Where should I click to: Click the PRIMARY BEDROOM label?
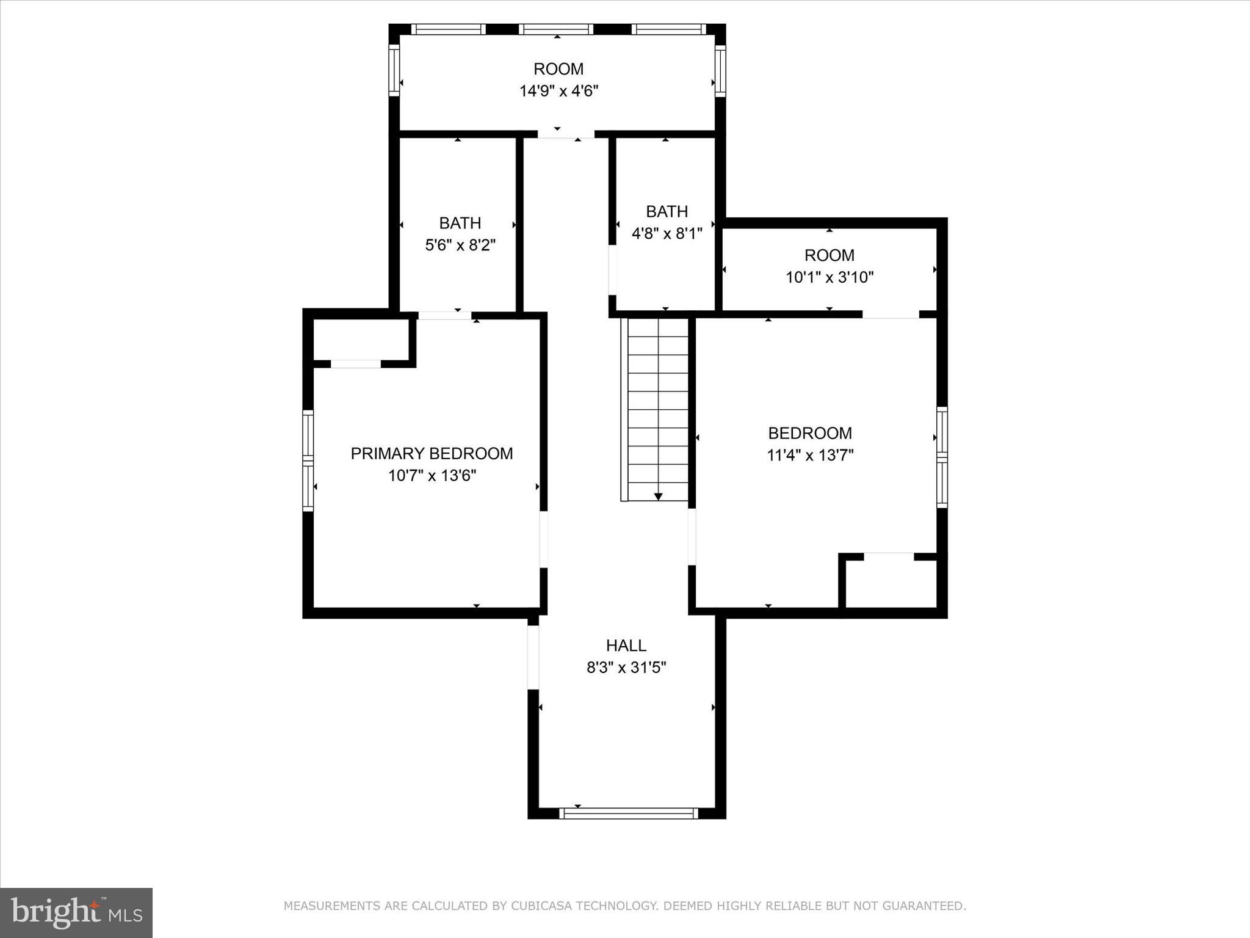click(432, 453)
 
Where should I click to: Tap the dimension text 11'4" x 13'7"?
click(810, 455)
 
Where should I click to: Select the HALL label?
click(626, 645)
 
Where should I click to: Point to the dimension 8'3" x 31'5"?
click(626, 667)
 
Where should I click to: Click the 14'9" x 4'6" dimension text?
click(558, 91)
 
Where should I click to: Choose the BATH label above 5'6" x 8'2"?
click(460, 223)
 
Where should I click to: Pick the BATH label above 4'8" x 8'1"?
click(667, 211)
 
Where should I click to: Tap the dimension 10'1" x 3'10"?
click(829, 277)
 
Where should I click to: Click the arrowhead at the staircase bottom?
click(658, 496)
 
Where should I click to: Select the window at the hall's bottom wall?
click(629, 813)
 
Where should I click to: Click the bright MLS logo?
click(76, 913)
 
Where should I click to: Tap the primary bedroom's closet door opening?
click(356, 364)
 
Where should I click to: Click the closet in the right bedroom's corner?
click(892, 583)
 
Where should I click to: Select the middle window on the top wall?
click(557, 29)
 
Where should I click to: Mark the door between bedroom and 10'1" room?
click(891, 314)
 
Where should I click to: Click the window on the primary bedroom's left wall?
click(308, 460)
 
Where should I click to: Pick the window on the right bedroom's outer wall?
click(942, 457)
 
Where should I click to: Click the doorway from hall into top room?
click(566, 134)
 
